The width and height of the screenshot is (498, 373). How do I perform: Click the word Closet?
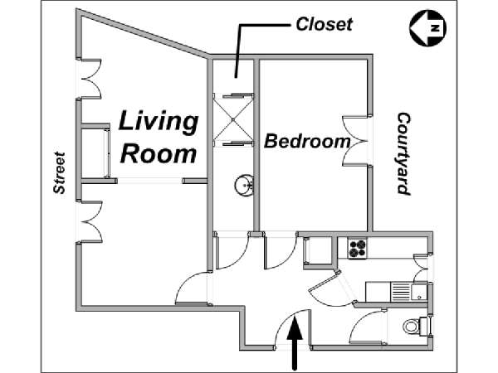click(x=324, y=24)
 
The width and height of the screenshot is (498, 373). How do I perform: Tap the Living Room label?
click(x=159, y=137)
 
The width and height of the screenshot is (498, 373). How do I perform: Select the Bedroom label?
click(x=307, y=142)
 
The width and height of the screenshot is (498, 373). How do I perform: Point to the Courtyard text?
click(x=403, y=153)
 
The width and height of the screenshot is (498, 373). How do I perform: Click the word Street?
click(x=60, y=173)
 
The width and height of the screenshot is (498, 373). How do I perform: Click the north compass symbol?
click(x=427, y=28)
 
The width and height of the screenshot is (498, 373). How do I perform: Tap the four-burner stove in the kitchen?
click(x=357, y=249)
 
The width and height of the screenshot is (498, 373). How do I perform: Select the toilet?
click(x=416, y=326)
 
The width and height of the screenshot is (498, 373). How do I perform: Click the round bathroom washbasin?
click(x=244, y=184)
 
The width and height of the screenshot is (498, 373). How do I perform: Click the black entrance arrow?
click(x=295, y=343)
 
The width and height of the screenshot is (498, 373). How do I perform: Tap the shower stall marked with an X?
click(x=233, y=119)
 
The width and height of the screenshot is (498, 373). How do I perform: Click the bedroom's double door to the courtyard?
click(x=355, y=141)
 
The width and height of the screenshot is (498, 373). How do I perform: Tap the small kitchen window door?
click(x=421, y=268)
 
